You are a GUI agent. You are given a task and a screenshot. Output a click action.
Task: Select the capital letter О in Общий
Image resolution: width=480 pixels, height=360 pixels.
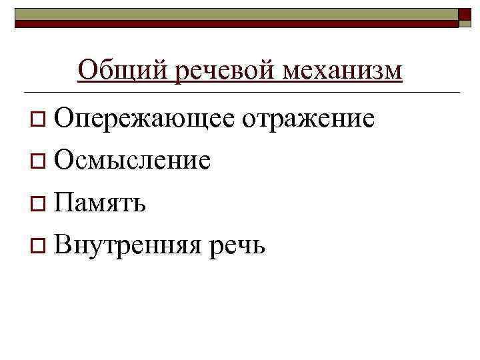click(x=87, y=70)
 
